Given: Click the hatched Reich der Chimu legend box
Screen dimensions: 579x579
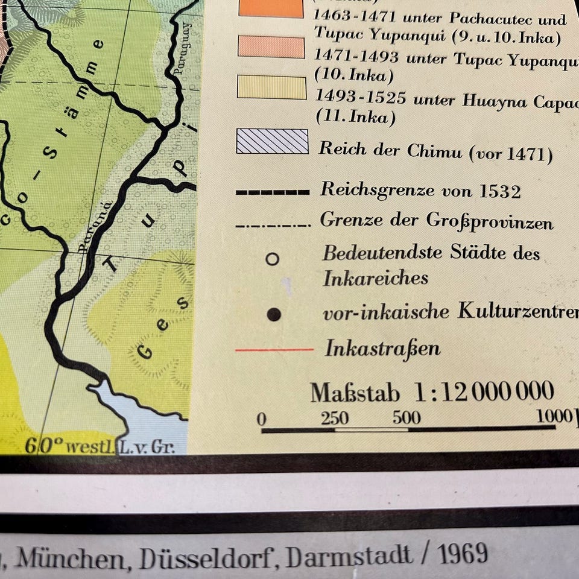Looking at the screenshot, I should point(272,142).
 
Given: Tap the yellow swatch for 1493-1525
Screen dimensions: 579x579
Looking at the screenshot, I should point(272,87).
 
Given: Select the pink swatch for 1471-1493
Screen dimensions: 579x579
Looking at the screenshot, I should point(271,47).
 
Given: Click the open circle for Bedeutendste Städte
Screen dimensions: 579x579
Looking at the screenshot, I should point(273,259).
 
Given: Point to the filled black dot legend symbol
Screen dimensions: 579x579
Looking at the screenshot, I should point(274,314).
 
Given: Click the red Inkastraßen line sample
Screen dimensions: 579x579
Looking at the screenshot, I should point(274,349).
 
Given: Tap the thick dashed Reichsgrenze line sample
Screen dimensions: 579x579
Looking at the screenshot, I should point(273,192).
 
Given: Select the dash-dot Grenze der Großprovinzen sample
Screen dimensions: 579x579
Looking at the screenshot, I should point(273,226).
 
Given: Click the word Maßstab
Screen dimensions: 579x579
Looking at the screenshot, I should point(355,393).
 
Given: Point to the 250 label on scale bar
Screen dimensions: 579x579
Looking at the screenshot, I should point(334,418).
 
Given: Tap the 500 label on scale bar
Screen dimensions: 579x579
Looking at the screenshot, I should point(407,418).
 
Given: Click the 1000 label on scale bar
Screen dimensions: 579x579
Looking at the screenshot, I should point(554,416).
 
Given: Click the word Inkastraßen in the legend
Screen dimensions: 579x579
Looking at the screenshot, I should point(382,349).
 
